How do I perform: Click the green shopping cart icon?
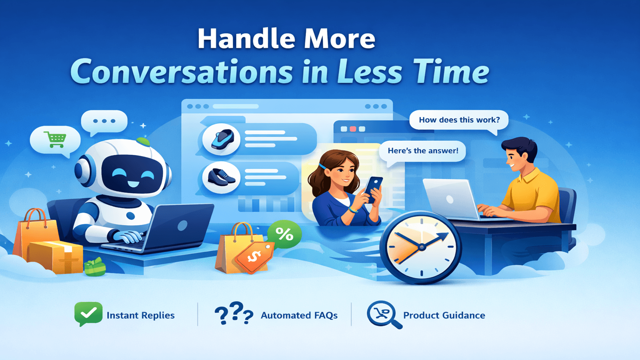point(55,139)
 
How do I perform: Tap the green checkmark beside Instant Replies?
point(88,313)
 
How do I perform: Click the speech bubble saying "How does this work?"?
point(459,120)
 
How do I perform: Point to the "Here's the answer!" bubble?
point(423,151)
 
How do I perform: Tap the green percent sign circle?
point(284,234)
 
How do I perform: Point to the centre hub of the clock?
point(421,247)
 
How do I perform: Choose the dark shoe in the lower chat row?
point(221,177)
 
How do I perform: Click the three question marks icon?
point(234,313)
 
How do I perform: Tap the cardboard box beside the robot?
point(56,257)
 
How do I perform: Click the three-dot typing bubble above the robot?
point(104,121)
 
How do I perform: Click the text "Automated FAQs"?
point(299,316)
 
